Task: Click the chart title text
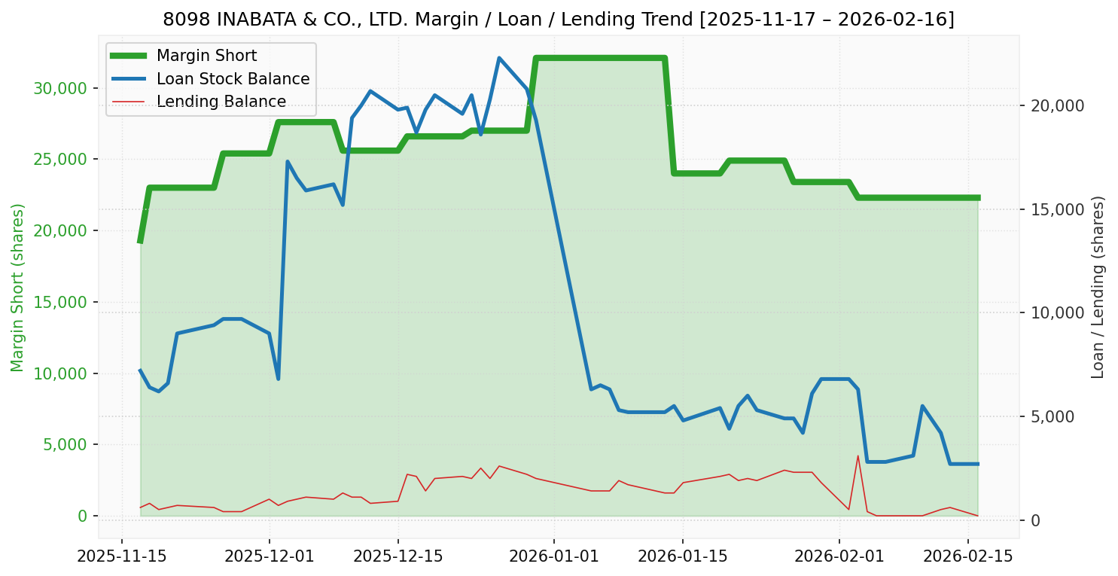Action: click(x=559, y=20)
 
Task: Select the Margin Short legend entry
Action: click(x=206, y=56)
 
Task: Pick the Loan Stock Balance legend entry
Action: click(x=233, y=79)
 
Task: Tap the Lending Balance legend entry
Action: click(x=221, y=102)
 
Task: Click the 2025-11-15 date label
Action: click(x=122, y=557)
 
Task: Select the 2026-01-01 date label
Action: click(x=553, y=557)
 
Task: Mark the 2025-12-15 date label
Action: click(x=398, y=557)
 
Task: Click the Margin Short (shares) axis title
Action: click(x=17, y=287)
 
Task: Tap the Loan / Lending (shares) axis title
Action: click(x=1098, y=287)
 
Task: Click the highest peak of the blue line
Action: click(x=499, y=58)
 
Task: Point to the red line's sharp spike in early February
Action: click(x=858, y=456)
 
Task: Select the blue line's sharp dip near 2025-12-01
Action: click(x=279, y=379)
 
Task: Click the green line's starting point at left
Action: click(x=140, y=242)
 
